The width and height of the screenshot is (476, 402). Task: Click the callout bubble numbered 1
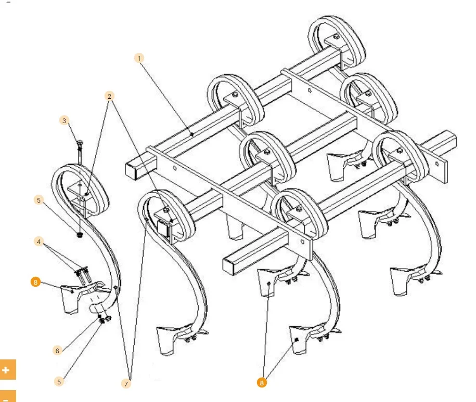tap(139, 58)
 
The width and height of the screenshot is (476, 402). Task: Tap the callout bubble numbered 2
tap(110, 96)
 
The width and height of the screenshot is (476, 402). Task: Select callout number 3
tap(64, 120)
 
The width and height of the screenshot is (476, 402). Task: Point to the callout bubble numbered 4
tap(38, 242)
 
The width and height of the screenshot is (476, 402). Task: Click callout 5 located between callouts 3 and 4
tap(38, 200)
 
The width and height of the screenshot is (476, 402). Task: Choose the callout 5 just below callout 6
tap(59, 382)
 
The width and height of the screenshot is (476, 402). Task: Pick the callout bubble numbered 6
tap(57, 351)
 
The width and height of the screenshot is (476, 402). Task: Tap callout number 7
tap(126, 384)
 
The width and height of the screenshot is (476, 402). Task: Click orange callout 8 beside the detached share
tap(35, 282)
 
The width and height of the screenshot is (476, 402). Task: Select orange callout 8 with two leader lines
tap(262, 383)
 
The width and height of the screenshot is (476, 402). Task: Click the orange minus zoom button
tap(8, 396)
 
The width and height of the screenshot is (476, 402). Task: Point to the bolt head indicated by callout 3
tap(80, 142)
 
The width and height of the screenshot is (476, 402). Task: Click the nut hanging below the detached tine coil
tap(80, 235)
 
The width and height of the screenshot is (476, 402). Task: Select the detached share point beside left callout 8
tap(70, 299)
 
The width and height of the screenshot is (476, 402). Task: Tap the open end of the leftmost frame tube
tap(132, 171)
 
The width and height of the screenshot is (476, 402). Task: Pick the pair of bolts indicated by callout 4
tap(82, 275)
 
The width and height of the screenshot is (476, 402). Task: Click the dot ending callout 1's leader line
tap(192, 135)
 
